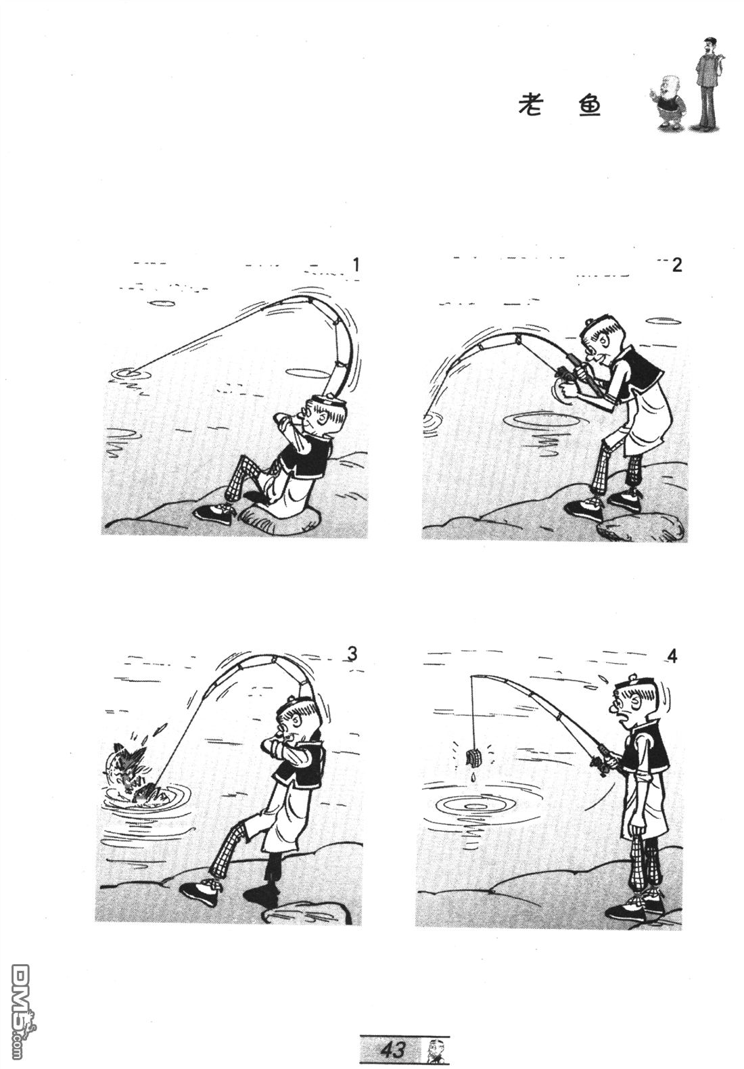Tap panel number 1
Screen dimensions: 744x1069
(x=354, y=265)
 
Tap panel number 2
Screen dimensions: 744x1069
(x=677, y=265)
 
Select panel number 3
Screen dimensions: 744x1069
(x=352, y=654)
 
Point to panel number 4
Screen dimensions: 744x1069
(x=672, y=657)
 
